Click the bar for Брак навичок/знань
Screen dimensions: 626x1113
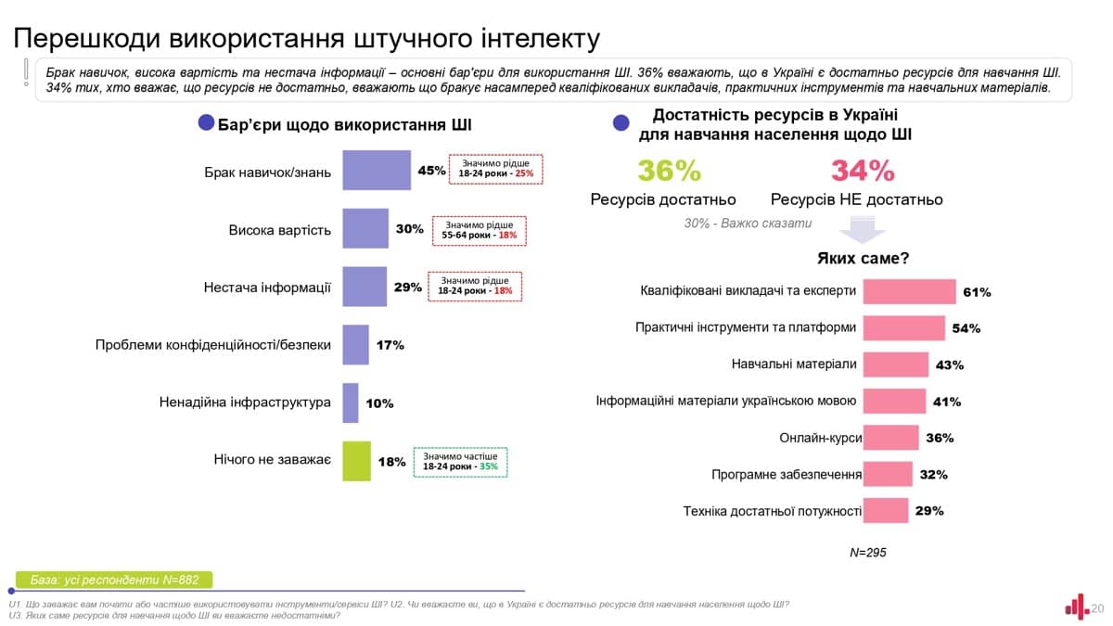pos(377,171)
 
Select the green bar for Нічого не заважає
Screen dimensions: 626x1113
pos(356,461)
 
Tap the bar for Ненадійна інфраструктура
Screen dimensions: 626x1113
pos(351,403)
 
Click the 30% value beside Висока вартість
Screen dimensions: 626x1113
pos(410,229)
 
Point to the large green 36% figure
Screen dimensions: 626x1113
pos(669,171)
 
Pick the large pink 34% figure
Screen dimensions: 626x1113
pos(863,171)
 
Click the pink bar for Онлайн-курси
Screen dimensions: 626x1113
pos(890,438)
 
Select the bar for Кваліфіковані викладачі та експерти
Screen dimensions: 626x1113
pos(909,292)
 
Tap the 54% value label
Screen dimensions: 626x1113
pos(966,328)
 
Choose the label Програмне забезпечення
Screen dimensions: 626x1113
pos(787,475)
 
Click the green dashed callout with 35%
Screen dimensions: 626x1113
pos(461,461)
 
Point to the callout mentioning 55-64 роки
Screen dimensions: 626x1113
pos(480,230)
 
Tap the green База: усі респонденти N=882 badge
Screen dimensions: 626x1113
pos(115,581)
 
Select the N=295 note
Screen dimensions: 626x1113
pos(868,552)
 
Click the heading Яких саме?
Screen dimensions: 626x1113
pos(863,259)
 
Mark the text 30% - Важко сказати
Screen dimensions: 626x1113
pos(748,224)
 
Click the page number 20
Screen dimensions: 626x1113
pos(1097,608)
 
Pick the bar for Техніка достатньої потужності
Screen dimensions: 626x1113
pos(886,511)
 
